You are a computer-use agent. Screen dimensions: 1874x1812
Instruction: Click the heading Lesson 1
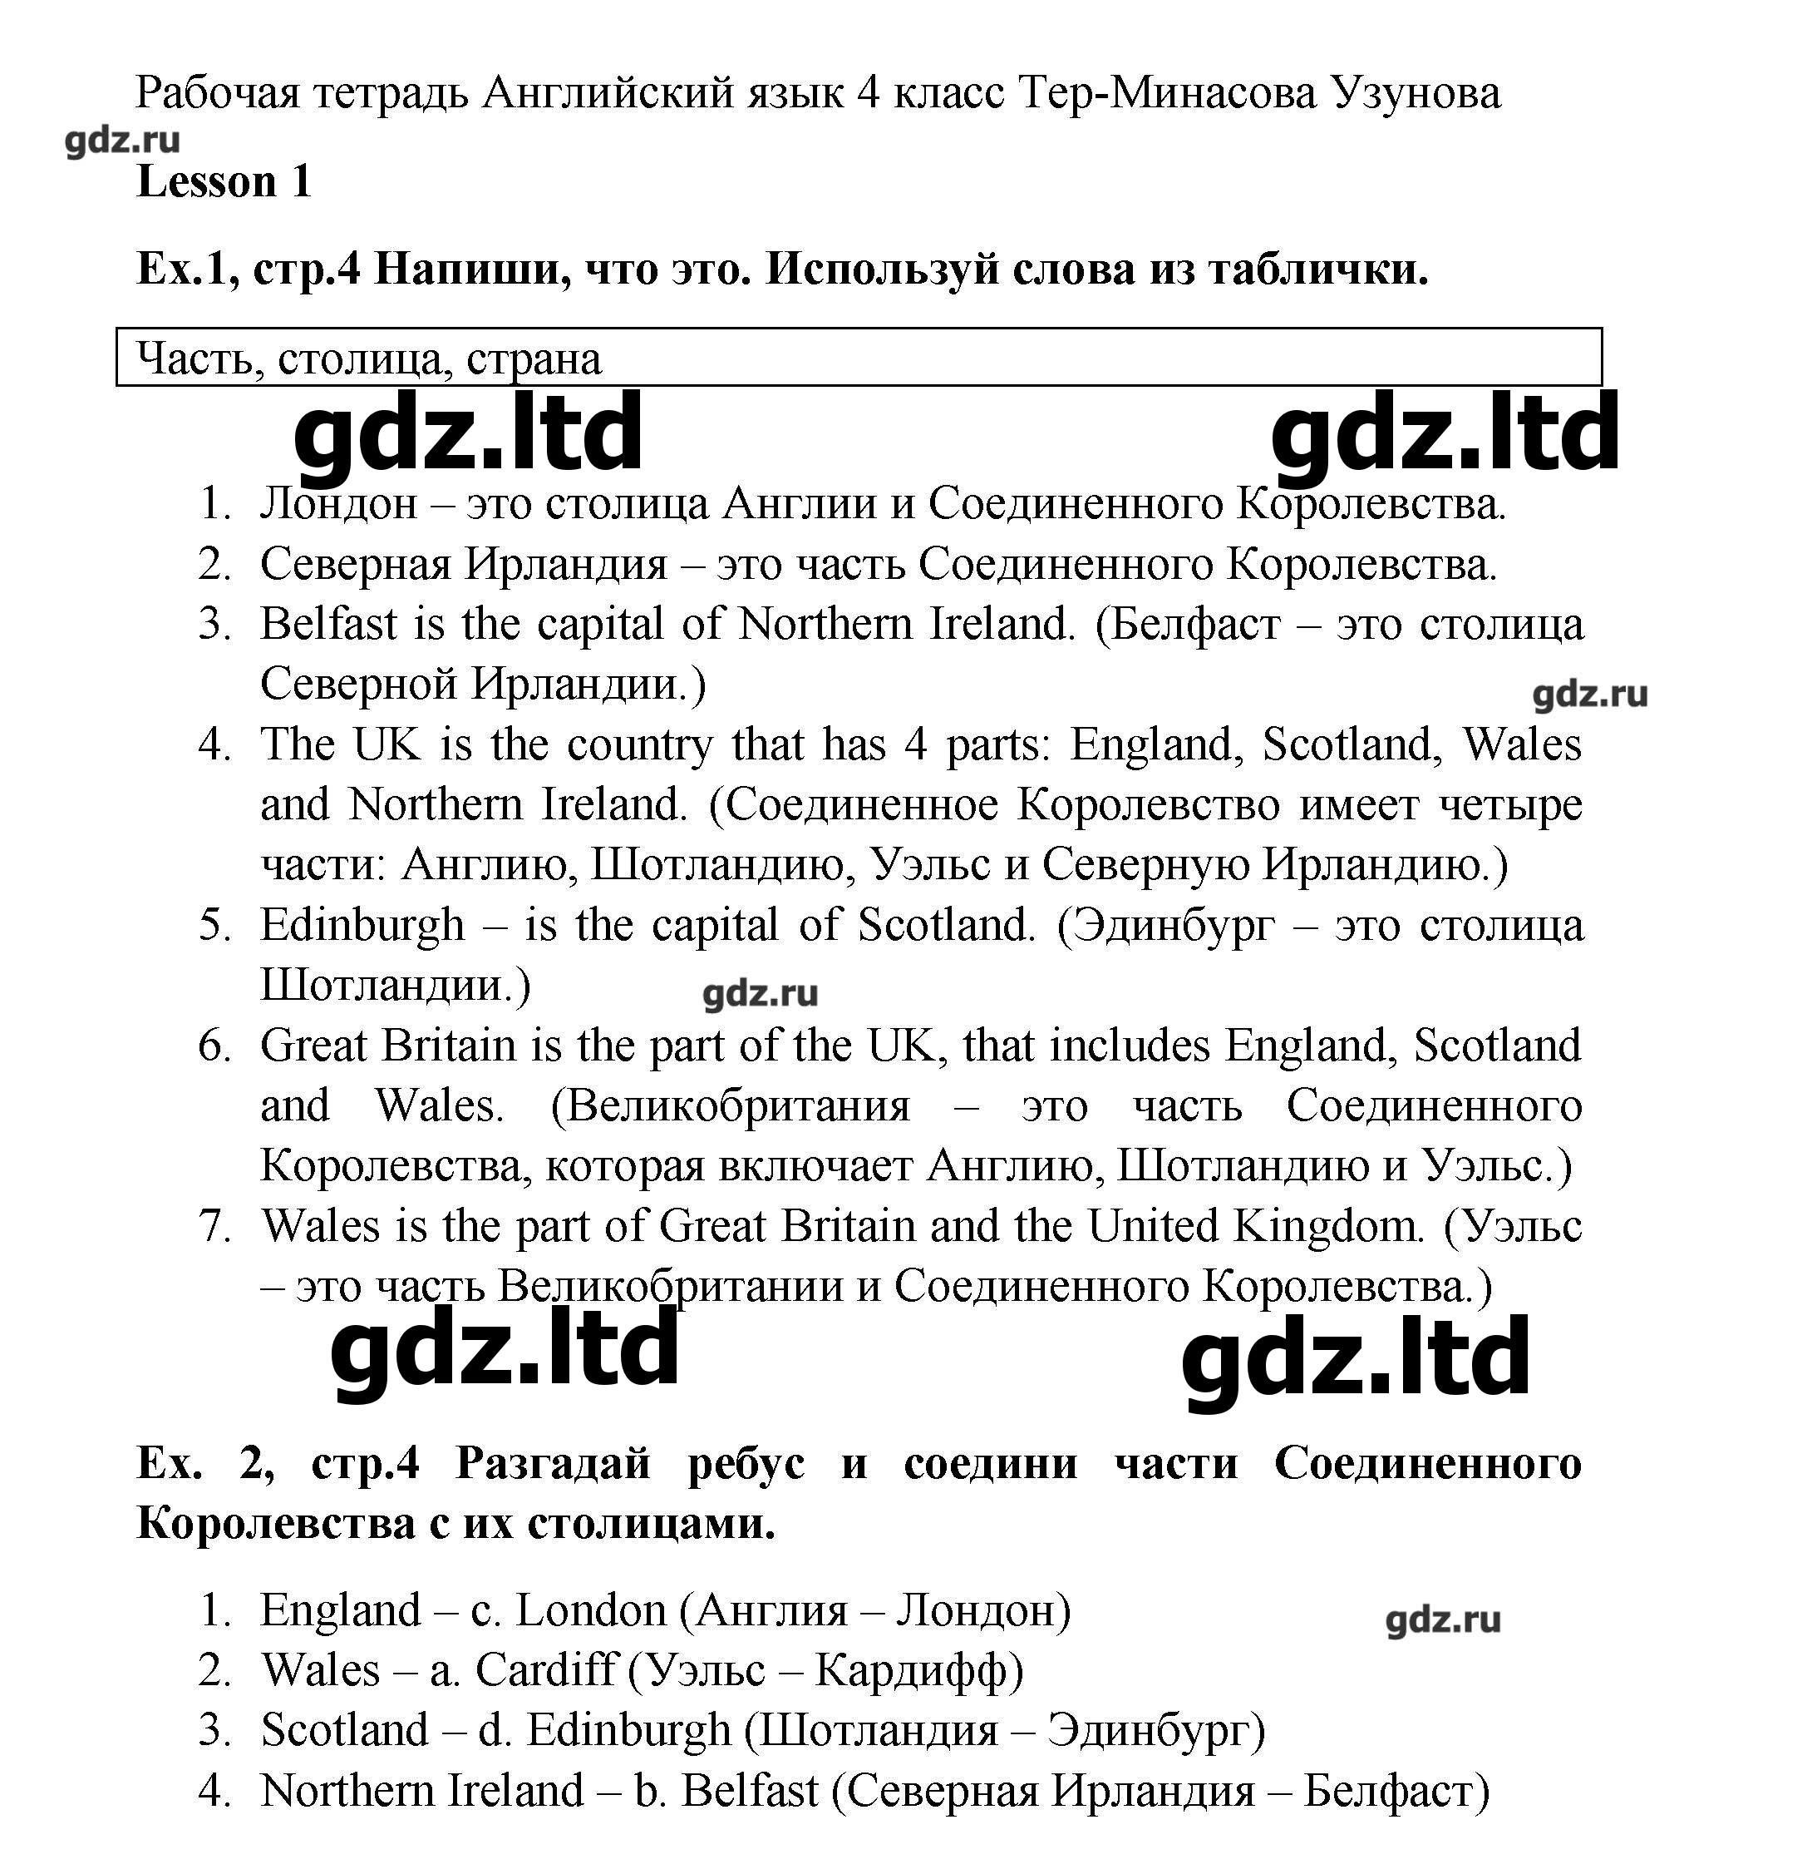224,181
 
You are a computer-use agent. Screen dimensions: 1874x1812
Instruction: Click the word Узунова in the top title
1416,94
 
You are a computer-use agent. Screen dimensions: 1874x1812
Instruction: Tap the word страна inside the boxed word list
534,359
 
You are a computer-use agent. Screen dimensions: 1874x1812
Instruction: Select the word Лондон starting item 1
338,504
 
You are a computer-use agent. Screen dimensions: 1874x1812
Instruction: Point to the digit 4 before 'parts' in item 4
915,744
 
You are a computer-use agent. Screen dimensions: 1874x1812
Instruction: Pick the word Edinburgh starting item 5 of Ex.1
362,926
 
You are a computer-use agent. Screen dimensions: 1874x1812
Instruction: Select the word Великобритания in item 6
738,1106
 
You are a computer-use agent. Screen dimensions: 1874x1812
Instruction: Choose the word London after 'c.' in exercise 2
591,1611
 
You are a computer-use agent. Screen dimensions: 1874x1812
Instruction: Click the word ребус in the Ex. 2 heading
746,1464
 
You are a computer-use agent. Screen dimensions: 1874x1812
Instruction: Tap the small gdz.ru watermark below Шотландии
760,993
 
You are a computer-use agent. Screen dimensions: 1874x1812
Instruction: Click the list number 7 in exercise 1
215,1227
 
